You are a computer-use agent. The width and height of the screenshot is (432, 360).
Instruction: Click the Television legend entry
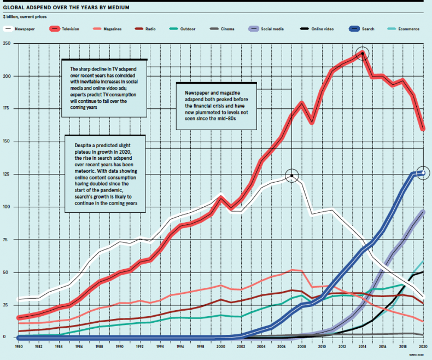point(71,28)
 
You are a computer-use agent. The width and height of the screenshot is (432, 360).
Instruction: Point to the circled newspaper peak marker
point(292,176)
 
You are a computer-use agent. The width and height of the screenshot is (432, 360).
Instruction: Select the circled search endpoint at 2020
point(422,173)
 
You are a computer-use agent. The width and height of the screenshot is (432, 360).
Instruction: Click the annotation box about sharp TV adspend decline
point(104,88)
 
